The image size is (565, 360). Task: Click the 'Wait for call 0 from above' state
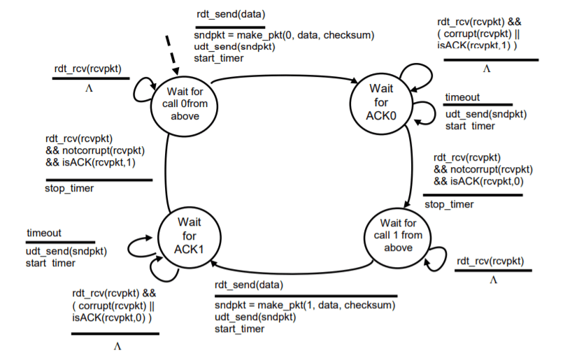click(x=184, y=106)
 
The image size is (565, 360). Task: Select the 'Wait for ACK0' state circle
click(x=381, y=103)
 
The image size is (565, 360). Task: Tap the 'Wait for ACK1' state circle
click(x=189, y=238)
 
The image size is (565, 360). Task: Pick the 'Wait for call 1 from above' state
click(x=397, y=237)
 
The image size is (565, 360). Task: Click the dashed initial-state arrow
click(x=172, y=55)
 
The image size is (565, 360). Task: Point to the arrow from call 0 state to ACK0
click(x=285, y=76)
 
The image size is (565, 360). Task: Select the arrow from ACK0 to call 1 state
click(x=410, y=166)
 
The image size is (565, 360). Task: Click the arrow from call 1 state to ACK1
click(x=292, y=272)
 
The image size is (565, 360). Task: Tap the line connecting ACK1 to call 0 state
click(x=166, y=172)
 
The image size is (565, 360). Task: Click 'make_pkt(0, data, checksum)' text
click(x=306, y=36)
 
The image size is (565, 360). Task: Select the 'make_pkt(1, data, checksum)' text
click(x=327, y=305)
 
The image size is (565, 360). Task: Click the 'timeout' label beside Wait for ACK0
click(x=462, y=97)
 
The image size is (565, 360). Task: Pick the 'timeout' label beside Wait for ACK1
click(x=44, y=233)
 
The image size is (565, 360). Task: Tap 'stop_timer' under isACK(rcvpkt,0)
click(x=449, y=204)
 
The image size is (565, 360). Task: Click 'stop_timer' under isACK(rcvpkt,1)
click(x=69, y=188)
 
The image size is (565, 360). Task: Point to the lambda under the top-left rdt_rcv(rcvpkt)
click(x=89, y=88)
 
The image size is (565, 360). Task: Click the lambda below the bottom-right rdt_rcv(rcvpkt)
click(x=493, y=280)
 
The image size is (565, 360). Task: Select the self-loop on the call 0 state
click(x=143, y=89)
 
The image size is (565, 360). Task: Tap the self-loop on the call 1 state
click(x=436, y=259)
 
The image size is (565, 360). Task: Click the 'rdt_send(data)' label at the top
click(x=231, y=15)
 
